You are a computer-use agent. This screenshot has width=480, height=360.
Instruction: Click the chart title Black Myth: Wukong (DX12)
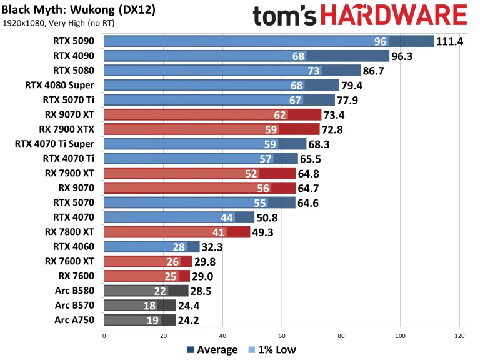(78, 11)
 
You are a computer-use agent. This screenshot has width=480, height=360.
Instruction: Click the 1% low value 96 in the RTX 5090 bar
(380, 42)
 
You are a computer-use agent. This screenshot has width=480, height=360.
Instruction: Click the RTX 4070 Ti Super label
(57, 143)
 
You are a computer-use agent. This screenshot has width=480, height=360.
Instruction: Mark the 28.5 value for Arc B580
(203, 290)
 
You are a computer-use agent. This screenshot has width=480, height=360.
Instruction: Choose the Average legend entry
(212, 350)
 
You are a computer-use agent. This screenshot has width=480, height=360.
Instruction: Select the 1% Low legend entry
(272, 350)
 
